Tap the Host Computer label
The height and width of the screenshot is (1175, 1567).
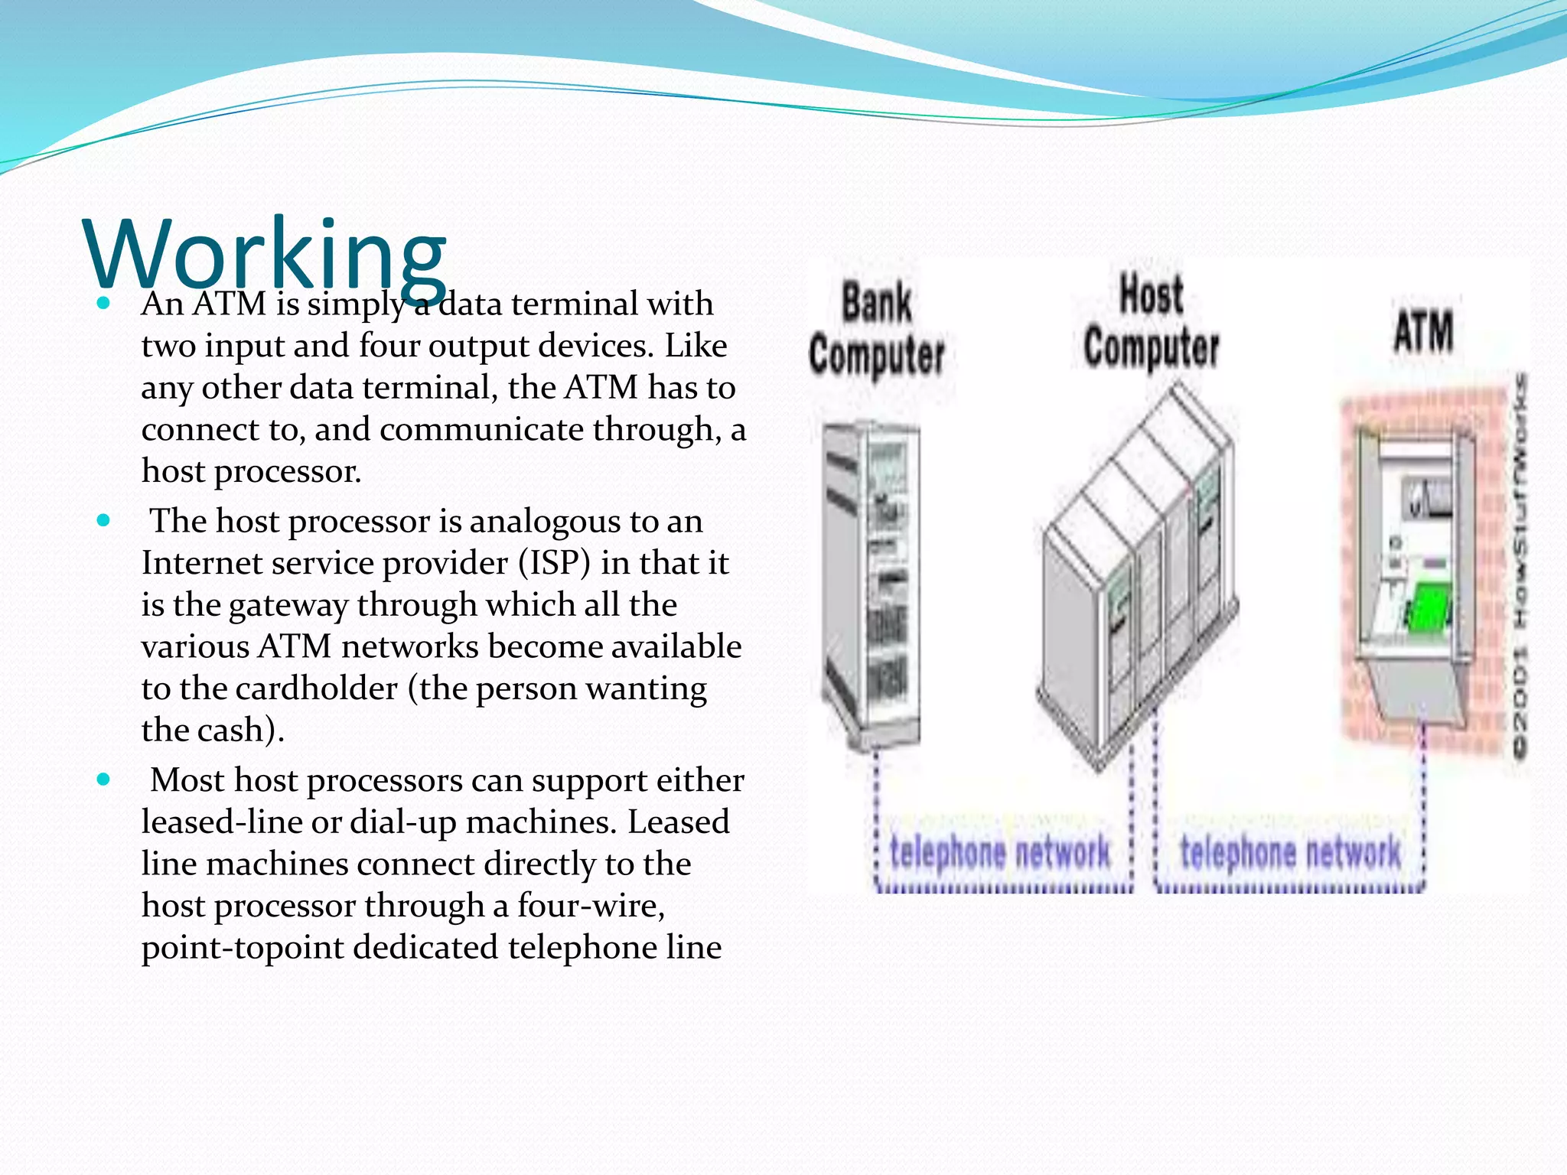(x=1151, y=321)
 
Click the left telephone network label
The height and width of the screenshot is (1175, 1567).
(x=1000, y=852)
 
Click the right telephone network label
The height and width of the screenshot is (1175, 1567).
(x=1290, y=852)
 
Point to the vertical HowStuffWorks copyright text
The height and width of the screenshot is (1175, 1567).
(x=1520, y=566)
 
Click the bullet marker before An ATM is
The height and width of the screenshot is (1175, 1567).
(x=104, y=304)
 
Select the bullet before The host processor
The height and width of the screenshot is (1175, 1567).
(x=104, y=521)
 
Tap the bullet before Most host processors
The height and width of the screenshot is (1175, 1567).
(x=104, y=780)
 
